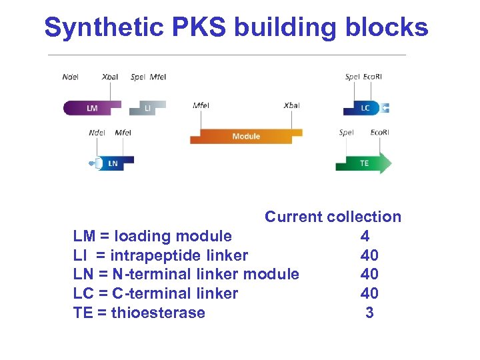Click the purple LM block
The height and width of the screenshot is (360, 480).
click(x=92, y=107)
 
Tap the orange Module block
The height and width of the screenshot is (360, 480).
click(x=245, y=136)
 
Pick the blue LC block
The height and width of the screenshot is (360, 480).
click(x=363, y=108)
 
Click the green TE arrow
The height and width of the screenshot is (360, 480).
click(x=363, y=163)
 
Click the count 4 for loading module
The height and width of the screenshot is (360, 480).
click(x=365, y=236)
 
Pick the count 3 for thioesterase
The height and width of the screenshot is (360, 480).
click(x=369, y=313)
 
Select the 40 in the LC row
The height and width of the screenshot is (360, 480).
click(x=369, y=293)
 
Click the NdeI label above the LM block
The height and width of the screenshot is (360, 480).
click(x=70, y=77)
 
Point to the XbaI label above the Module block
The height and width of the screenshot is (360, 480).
click(x=291, y=106)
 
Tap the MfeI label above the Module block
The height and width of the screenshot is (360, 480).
click(x=200, y=106)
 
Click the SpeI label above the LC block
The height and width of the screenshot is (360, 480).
click(x=352, y=77)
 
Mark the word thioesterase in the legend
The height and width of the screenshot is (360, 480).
click(x=159, y=313)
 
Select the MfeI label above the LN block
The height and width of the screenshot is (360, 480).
click(x=123, y=133)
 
